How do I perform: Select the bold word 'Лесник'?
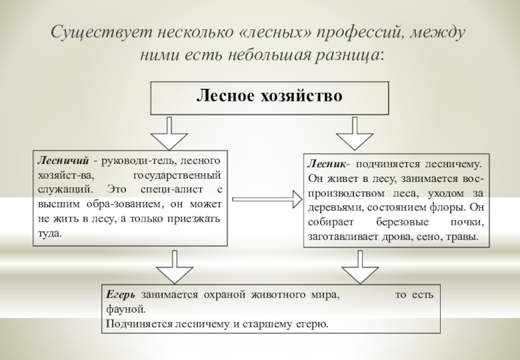tap(325, 165)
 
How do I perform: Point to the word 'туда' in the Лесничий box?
tap(49, 233)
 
